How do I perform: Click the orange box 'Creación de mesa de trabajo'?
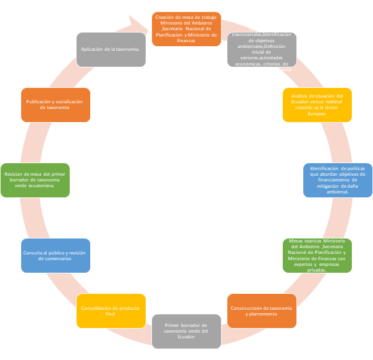[186, 29]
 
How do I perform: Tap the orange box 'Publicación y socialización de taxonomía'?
[55, 104]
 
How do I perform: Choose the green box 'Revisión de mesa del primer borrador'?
[35, 180]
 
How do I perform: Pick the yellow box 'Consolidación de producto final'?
[111, 311]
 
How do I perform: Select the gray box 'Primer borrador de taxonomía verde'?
[186, 331]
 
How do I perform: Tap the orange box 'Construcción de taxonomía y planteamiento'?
[262, 311]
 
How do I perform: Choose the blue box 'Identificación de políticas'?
[338, 180]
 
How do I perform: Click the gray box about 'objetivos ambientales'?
[262, 50]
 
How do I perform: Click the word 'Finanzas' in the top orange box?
[186, 41]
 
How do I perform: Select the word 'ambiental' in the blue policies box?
[337, 192]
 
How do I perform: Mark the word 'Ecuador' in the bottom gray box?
[186, 337]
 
